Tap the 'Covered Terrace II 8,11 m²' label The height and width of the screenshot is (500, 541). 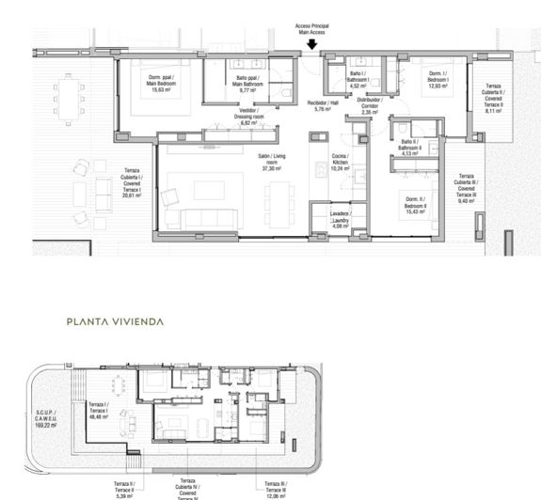pyautogui.click(x=494, y=98)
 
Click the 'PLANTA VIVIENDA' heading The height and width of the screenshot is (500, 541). pyautogui.click(x=115, y=321)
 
